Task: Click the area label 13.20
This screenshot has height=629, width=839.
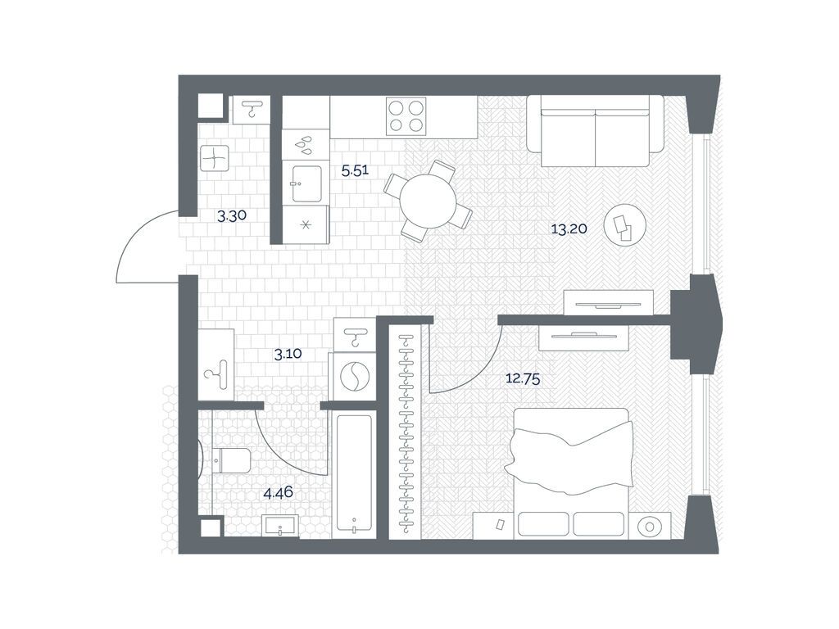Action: pos(569,229)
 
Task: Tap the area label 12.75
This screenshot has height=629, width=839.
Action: pos(523,379)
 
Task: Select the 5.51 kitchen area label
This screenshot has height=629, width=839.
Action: pos(356,171)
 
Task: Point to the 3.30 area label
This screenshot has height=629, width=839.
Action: pos(231,216)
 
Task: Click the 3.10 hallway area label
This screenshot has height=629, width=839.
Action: pos(288,354)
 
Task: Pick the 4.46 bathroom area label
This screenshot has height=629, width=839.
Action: pos(279,492)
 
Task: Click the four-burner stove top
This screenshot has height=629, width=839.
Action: pos(406,116)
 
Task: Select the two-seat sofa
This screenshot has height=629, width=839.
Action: pos(595,131)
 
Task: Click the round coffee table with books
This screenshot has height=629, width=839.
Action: pos(624,225)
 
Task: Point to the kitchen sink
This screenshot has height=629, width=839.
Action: pos(306,183)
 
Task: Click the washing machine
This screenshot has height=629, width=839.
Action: pos(354,376)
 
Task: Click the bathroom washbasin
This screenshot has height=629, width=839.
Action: pos(281,526)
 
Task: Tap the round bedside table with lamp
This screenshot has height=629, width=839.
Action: pos(650,527)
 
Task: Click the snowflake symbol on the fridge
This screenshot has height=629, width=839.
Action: pos(306,224)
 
